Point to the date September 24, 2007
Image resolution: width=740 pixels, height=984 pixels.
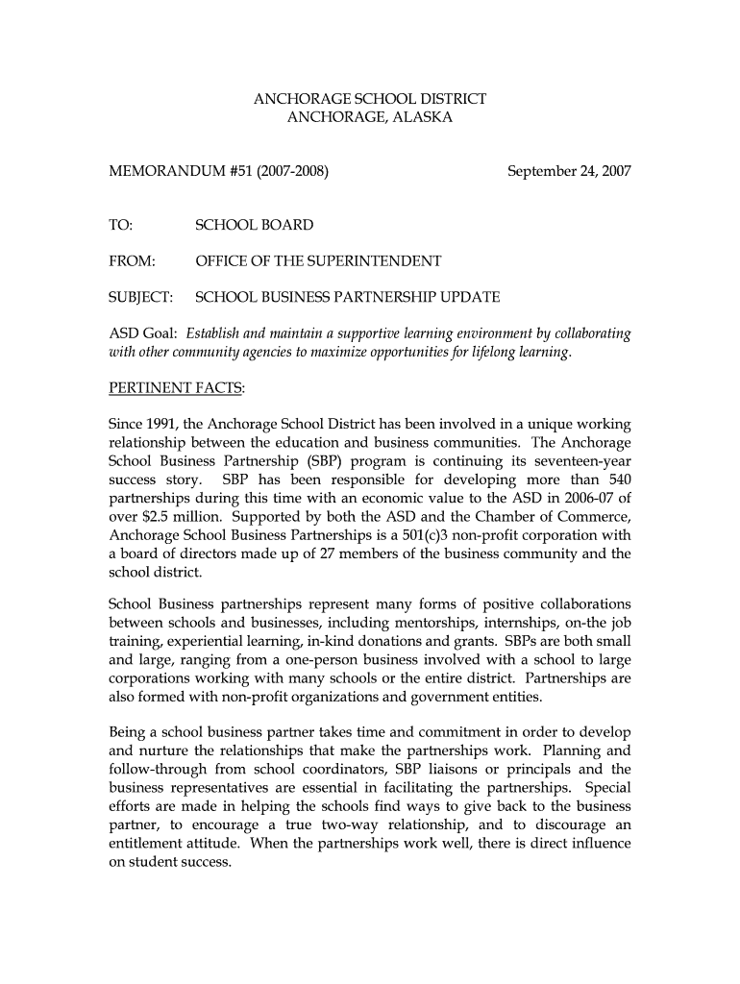(x=569, y=172)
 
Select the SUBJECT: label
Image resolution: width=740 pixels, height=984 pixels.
(x=140, y=297)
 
